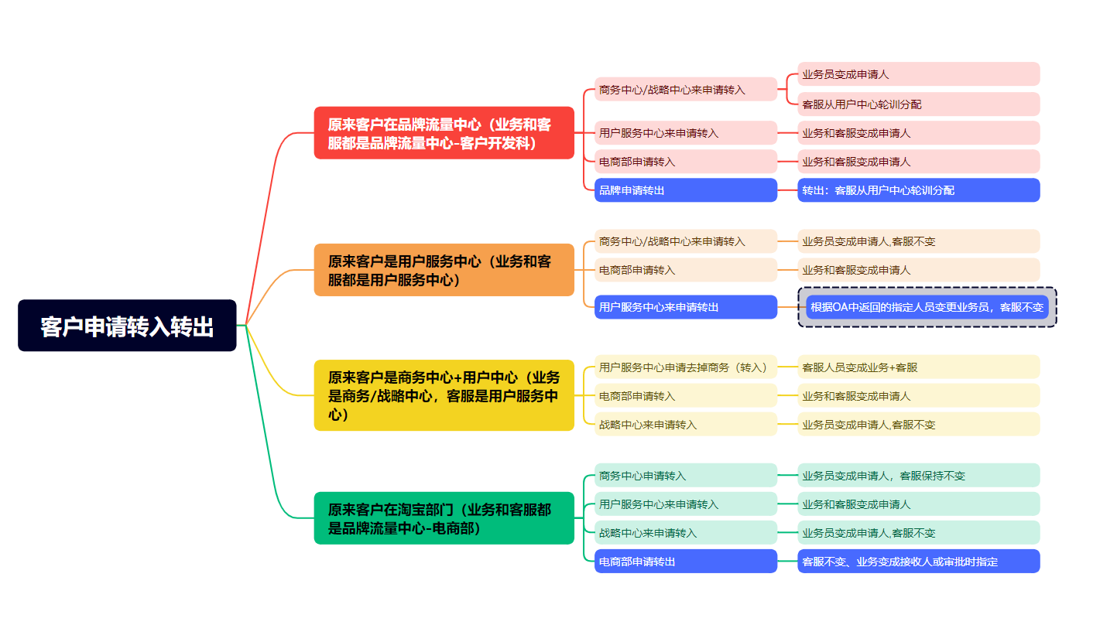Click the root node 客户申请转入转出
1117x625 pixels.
click(127, 326)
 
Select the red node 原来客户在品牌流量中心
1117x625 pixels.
click(444, 133)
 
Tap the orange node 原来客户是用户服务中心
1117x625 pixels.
click(444, 270)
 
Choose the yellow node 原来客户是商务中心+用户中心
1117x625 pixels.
click(444, 395)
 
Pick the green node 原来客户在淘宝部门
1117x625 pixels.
click(444, 518)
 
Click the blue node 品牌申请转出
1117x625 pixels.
click(685, 190)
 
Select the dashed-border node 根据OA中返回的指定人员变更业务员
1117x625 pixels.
click(927, 307)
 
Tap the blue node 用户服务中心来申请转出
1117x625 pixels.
click(685, 307)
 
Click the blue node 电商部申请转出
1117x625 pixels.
click(685, 562)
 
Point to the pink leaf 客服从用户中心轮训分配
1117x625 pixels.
click(918, 104)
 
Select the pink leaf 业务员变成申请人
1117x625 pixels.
click(918, 75)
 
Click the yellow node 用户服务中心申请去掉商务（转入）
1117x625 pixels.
click(685, 367)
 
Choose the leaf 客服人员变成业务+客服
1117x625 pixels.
click(918, 367)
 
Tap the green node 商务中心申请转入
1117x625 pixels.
click(685, 476)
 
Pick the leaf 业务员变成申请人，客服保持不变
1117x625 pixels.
click(918, 476)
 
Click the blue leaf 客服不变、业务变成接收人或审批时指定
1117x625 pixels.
click(918, 562)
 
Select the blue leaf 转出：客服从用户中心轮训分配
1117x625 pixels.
click(918, 190)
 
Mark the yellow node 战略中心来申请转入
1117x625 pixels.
click(685, 425)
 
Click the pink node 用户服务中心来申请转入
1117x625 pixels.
click(685, 133)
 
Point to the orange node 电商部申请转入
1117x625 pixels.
click(685, 270)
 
